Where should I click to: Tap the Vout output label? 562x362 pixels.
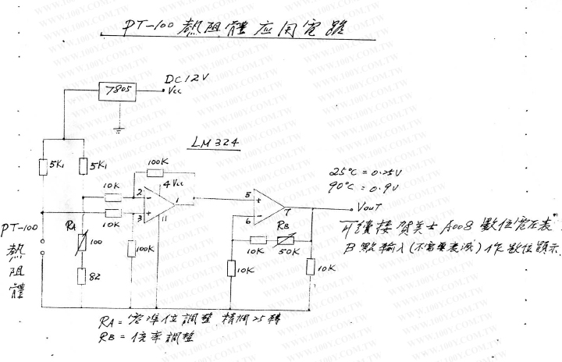pos(368,209)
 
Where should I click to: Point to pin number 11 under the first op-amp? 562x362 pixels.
pos(164,222)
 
